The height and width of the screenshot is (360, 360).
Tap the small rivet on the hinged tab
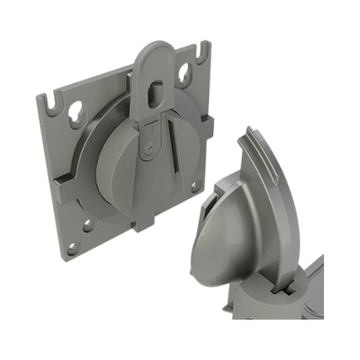[149, 146]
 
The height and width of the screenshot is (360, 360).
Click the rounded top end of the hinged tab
[156, 55]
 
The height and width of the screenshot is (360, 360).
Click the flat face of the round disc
[117, 172]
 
